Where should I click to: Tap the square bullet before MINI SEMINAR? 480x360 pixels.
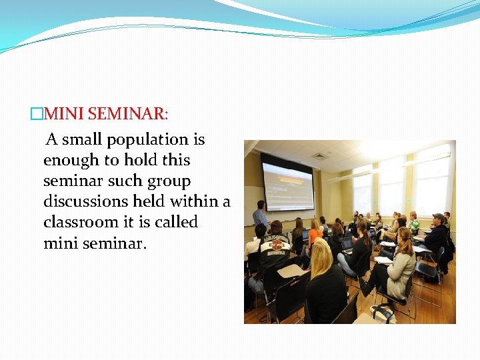[x=36, y=114]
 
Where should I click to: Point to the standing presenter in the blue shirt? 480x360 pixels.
[x=259, y=215]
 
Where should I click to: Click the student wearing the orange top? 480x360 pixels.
[x=315, y=235]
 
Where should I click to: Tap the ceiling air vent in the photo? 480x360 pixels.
[x=319, y=157]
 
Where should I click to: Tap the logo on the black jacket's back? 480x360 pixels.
[x=275, y=246]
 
